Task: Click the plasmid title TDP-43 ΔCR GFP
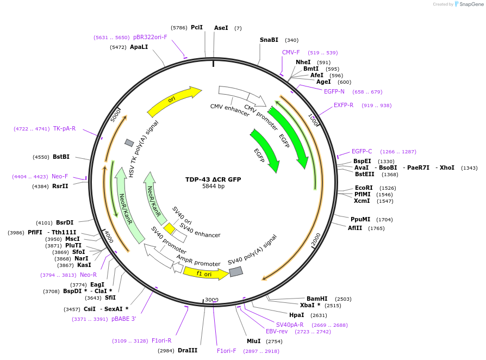pos(213,179)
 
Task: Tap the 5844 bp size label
pos(213,186)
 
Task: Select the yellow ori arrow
pos(174,101)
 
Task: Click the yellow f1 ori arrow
pos(205,274)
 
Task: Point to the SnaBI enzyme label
pos(269,40)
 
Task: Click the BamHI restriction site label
pos(317,299)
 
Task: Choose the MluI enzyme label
pos(253,341)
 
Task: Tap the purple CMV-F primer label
pos(291,52)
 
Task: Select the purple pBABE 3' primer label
pos(124,319)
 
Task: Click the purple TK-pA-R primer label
pos(64,128)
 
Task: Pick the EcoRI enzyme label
pos(364,188)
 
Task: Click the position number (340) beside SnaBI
pos(291,40)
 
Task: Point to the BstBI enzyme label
pos(61,157)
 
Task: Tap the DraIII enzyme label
pos(188,350)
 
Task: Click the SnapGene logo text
pos(471,4)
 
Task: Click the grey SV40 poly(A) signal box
pos(235,271)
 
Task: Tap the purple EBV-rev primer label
pos(277,331)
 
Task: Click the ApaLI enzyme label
pos(139,47)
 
